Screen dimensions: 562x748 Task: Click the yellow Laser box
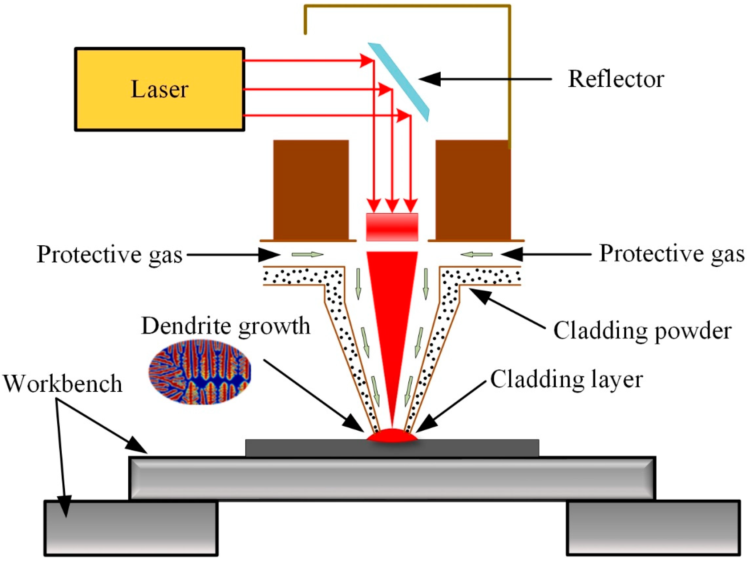point(159,89)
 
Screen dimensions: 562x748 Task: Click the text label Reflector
point(616,79)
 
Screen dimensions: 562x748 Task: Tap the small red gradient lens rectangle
point(392,227)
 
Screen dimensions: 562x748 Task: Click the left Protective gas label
point(109,254)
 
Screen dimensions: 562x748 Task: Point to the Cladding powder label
point(642,331)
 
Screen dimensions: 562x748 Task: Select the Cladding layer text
point(566,379)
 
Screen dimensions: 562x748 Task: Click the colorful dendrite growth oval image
point(200,372)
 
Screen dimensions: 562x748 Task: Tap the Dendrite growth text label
point(226,326)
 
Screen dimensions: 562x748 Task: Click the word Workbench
point(62,383)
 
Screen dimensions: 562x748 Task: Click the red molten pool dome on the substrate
point(392,436)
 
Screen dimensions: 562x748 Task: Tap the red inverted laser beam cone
point(392,308)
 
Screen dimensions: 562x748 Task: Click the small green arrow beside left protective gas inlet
point(307,254)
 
